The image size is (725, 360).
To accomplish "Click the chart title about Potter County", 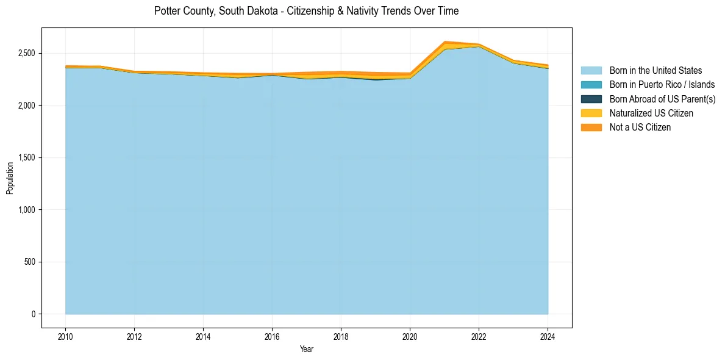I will [306, 11].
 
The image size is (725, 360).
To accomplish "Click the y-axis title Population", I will [10, 178].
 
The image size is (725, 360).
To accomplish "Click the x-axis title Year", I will [307, 349].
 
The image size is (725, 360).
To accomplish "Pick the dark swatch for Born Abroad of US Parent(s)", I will [591, 99].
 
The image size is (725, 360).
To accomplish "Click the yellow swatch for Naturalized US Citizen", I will [591, 113].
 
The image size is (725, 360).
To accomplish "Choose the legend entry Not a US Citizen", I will [640, 127].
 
